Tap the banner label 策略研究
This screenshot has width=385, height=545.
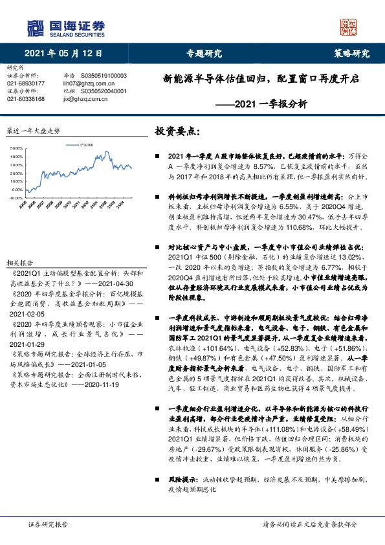click(x=351, y=53)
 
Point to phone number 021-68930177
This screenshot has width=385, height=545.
click(x=26, y=83)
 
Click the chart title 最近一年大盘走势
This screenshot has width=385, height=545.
click(x=32, y=131)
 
